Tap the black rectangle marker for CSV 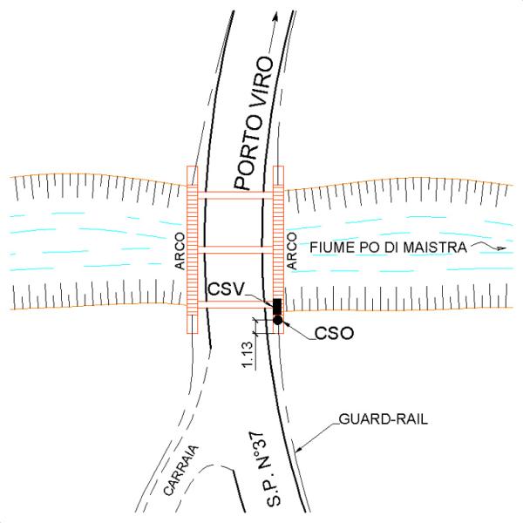click(x=277, y=307)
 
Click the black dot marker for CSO click(x=277, y=321)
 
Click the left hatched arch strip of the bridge click(x=193, y=250)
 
